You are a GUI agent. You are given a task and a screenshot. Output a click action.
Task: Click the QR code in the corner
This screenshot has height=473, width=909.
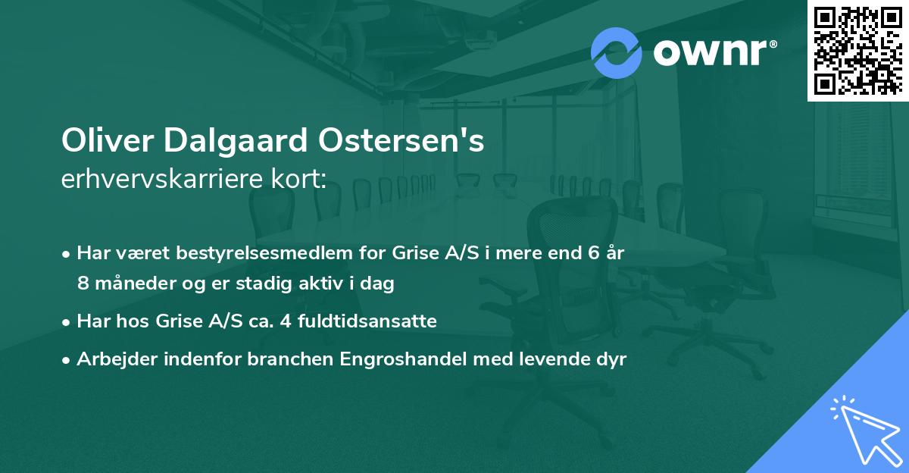coord(857,51)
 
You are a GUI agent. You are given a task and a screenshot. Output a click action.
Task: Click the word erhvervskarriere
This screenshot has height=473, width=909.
coord(167,180)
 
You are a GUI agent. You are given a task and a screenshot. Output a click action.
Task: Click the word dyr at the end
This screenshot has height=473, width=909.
coord(610,360)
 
